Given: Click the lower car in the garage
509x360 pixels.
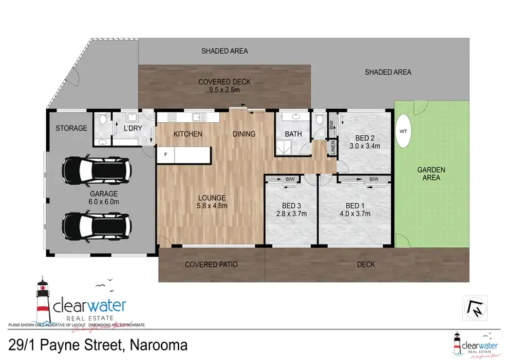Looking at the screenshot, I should [x=95, y=225].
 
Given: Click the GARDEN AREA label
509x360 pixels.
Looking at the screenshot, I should [x=430, y=173].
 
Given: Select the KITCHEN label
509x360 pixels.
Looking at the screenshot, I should [x=188, y=134].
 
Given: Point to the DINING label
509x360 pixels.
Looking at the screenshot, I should [x=244, y=134].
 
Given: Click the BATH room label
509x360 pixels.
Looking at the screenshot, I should [x=293, y=134].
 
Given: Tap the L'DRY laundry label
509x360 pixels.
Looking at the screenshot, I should [x=132, y=128].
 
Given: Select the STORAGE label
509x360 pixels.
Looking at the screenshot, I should [x=71, y=128].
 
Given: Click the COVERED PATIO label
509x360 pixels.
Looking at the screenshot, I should [x=211, y=264].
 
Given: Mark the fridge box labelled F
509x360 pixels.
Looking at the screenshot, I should [x=166, y=155].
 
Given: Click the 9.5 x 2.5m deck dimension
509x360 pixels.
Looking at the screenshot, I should [x=224, y=90].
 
